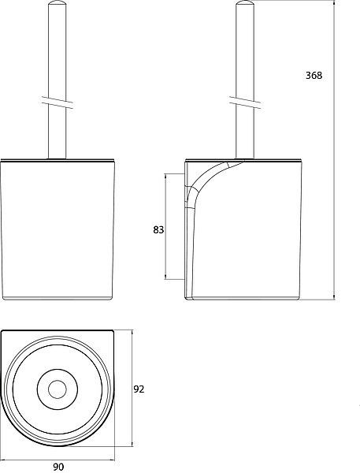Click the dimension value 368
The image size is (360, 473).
click(x=314, y=75)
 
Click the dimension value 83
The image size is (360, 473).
click(x=158, y=230)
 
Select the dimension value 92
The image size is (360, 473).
click(x=139, y=389)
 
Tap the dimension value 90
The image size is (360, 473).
click(x=58, y=467)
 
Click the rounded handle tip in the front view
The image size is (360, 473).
click(x=57, y=4)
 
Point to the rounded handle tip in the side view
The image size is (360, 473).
click(x=244, y=4)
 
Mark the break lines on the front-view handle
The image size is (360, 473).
click(x=58, y=102)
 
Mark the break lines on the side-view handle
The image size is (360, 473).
click(x=245, y=102)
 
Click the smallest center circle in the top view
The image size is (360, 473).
click(x=58, y=389)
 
